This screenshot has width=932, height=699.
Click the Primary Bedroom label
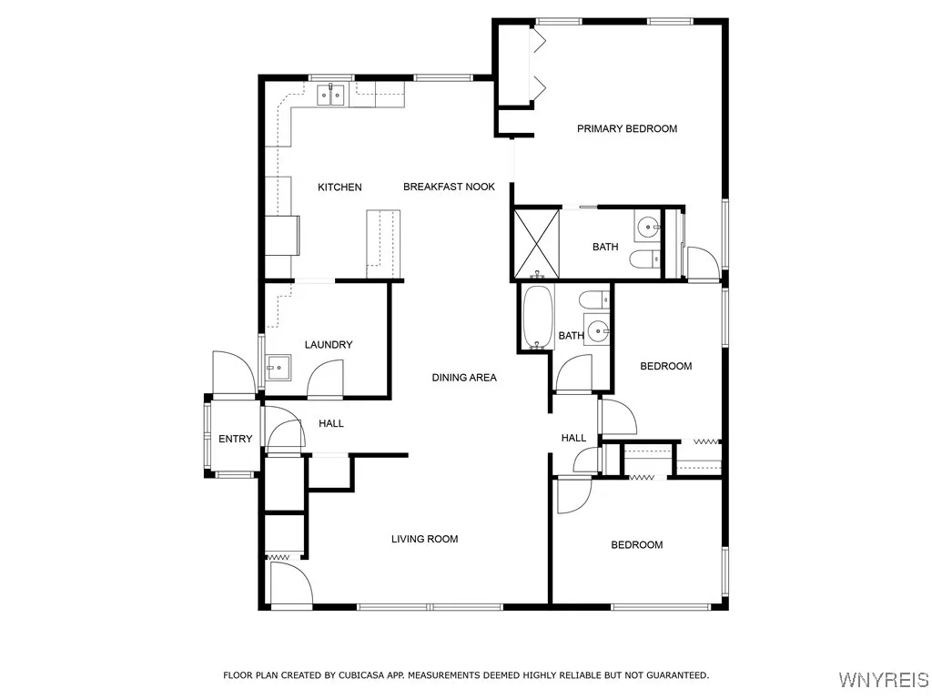627,128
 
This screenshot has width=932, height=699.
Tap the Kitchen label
339,187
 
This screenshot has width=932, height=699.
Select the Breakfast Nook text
449,187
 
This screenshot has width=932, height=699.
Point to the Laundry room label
329,345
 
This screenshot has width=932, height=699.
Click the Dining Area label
464,378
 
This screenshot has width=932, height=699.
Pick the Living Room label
424,539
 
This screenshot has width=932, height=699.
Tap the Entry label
236,439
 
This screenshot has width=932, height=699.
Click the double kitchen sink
330,95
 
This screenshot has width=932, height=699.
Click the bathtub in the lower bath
539,317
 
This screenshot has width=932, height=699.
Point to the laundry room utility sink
278,368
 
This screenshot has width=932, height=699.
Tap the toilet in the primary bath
645,259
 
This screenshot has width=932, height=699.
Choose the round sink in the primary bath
647,226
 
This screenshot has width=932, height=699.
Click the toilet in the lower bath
594,299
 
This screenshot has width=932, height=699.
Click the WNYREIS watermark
884,679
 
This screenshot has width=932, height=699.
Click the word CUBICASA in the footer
362,675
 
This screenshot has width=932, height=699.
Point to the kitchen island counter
383,244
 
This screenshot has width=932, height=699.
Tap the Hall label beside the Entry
331,424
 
